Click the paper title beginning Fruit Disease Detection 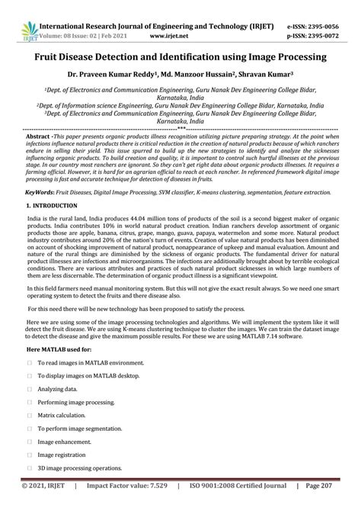pyautogui.click(x=180, y=57)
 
